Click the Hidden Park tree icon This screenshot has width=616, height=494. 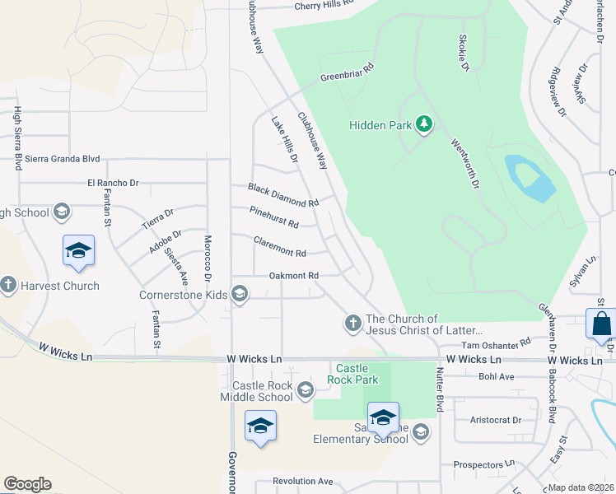(424, 124)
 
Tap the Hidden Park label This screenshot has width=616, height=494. (380, 125)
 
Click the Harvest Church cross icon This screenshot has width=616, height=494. (8, 286)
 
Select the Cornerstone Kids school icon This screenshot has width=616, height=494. (240, 294)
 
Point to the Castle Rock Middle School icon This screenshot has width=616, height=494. (305, 389)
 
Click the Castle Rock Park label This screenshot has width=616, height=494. (356, 374)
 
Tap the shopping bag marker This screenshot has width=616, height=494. (601, 324)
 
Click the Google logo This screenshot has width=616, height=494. (27, 483)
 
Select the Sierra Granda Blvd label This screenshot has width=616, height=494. (63, 159)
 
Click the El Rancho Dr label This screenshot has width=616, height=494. (113, 183)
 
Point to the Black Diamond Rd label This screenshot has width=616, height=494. (283, 195)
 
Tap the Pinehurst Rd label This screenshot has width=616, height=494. (273, 217)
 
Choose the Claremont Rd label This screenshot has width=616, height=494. (280, 247)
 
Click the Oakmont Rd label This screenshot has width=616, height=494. (293, 276)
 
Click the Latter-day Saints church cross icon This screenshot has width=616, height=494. (353, 324)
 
